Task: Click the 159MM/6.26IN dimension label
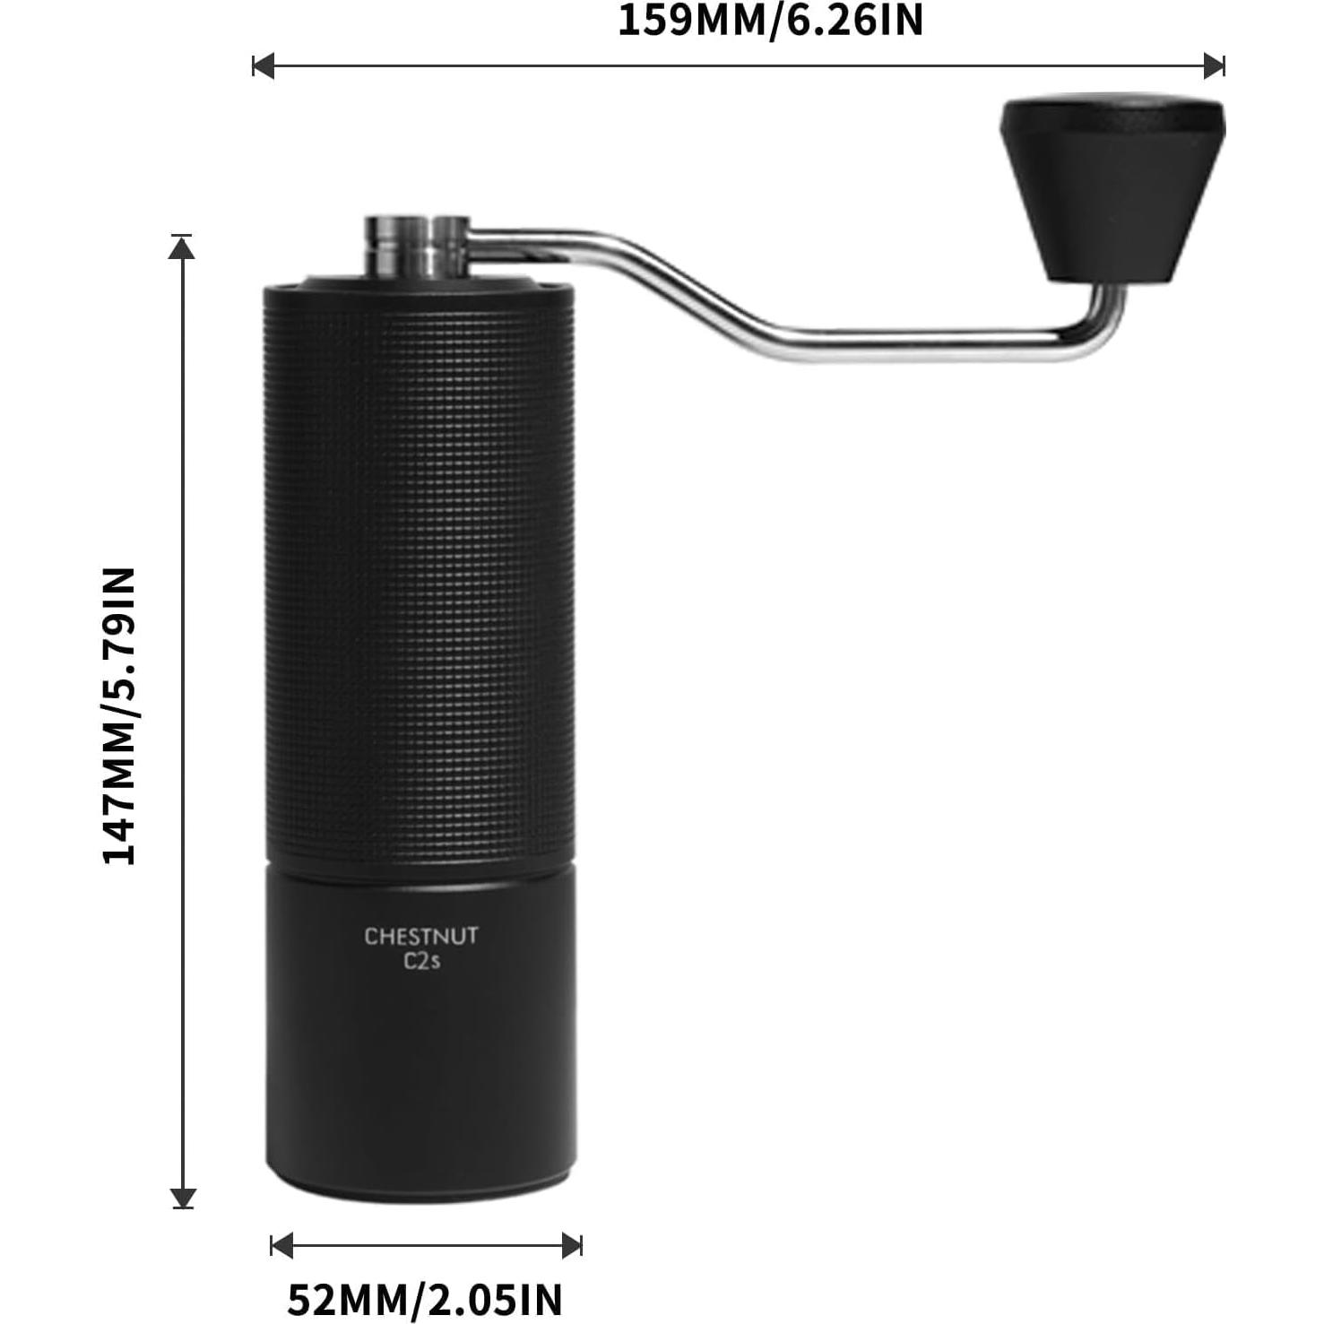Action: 770,21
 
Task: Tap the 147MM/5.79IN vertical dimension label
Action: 119,716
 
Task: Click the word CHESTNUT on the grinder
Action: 420,937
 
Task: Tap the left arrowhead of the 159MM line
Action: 263,65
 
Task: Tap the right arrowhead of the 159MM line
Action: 1215,65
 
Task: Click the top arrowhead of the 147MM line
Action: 182,247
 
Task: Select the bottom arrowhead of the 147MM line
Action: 183,1198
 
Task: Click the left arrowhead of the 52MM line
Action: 281,1245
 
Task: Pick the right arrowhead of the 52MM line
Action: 572,1245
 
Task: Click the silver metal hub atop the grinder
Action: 417,247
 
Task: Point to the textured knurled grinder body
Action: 420,574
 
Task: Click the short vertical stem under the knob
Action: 1109,309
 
